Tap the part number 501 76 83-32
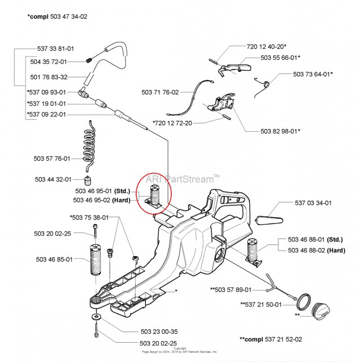48,77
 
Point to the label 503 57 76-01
52,159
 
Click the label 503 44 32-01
52,179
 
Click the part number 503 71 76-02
161,92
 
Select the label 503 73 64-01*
313,74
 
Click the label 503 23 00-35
156,333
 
